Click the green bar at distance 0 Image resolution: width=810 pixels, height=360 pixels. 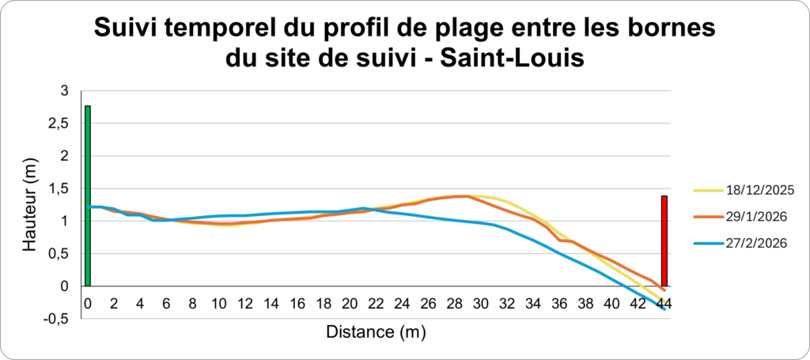88,195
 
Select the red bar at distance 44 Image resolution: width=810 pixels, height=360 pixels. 664,241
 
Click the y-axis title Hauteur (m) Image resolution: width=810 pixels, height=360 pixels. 29,205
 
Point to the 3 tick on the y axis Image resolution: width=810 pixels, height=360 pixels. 64,91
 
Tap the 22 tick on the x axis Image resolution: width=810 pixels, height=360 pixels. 376,303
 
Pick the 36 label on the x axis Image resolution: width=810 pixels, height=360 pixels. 559,303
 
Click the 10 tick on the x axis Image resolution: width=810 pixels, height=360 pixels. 218,303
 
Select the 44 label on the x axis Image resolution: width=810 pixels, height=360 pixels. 664,303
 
